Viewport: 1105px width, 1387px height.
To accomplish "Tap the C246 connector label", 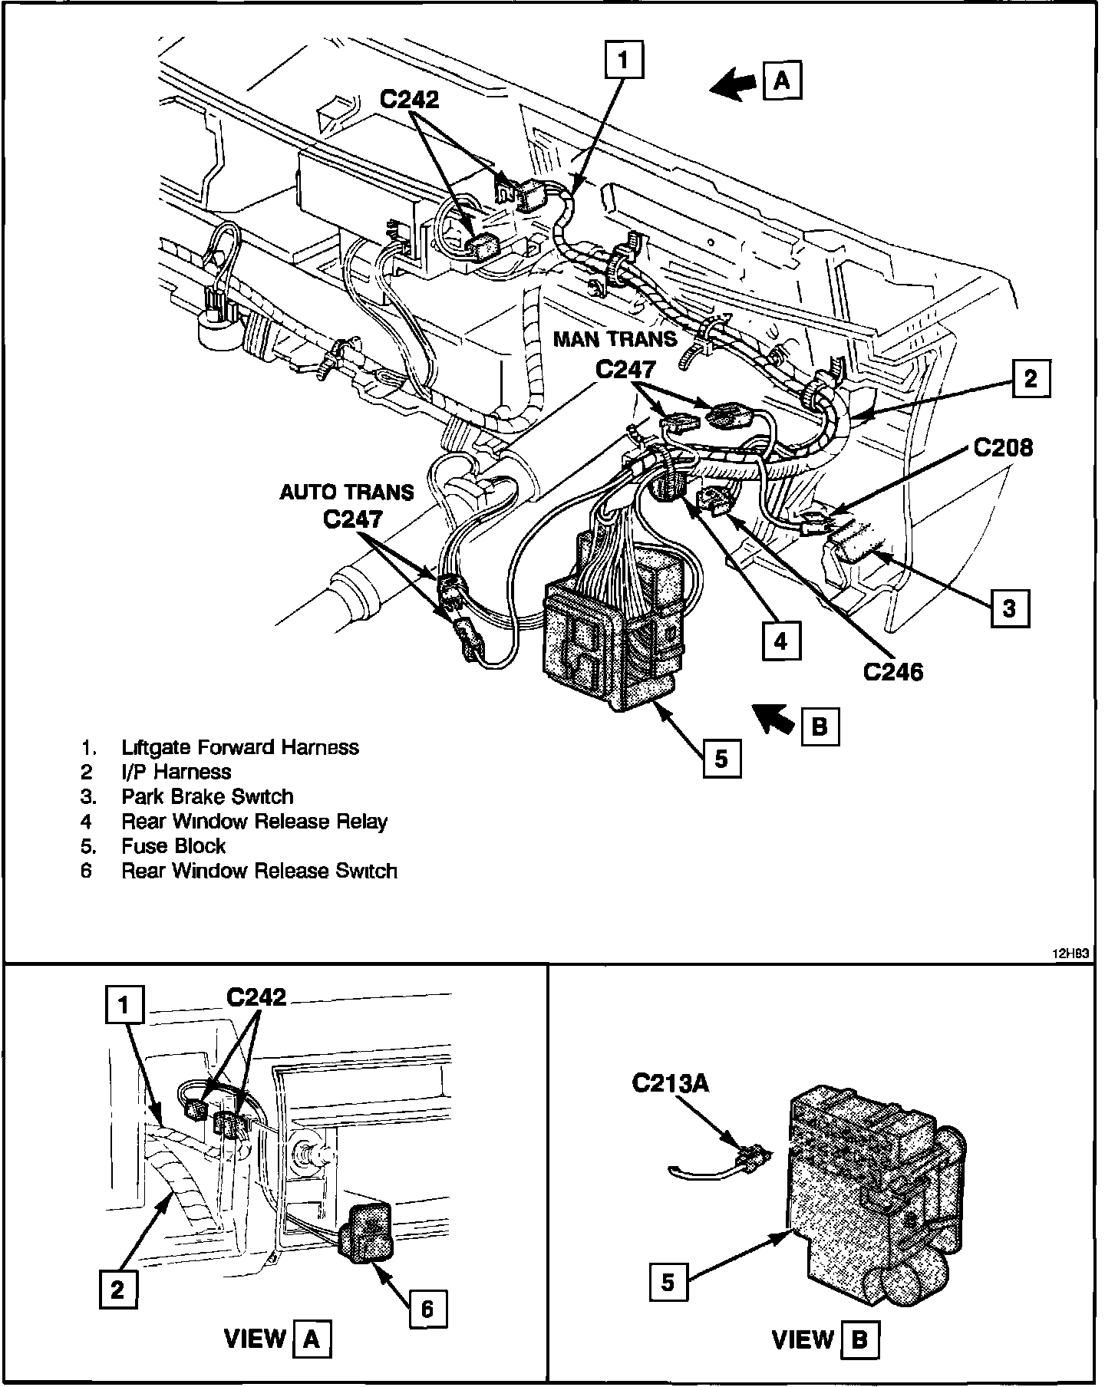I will (x=893, y=671).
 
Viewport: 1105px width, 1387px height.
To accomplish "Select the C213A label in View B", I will (x=670, y=1082).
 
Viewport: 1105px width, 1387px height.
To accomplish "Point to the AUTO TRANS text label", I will (x=346, y=492).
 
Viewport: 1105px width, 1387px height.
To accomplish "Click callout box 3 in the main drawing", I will (x=1009, y=608).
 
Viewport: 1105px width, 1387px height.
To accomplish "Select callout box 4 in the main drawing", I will (x=780, y=641).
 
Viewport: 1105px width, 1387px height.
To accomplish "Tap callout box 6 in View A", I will (x=427, y=1308).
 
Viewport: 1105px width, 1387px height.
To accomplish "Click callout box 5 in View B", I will (x=668, y=1281).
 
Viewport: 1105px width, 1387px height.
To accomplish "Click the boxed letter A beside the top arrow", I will (x=782, y=80).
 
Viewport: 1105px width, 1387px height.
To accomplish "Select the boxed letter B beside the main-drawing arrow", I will (x=819, y=726).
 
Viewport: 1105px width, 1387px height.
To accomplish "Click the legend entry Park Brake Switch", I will (x=207, y=796).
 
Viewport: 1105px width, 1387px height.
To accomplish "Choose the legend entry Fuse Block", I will (x=173, y=846).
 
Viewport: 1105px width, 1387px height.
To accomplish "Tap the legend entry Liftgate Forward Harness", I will (x=240, y=747).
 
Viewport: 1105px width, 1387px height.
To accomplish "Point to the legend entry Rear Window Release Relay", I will (x=254, y=822).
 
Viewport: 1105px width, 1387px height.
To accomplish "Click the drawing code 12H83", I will (x=1070, y=954).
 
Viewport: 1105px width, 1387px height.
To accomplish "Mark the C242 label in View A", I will (x=256, y=997).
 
